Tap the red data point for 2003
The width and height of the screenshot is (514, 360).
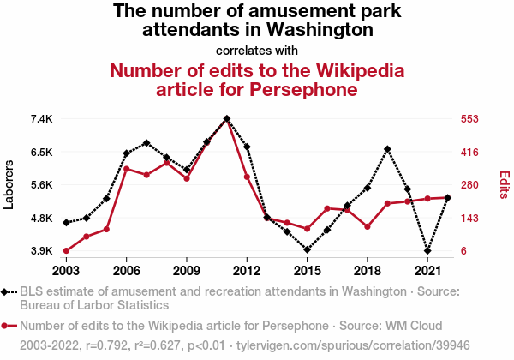(x=66, y=251)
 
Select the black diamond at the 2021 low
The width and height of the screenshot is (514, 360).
(x=427, y=251)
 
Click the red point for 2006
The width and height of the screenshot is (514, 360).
(x=126, y=169)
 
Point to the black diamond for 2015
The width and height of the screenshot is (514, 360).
(x=307, y=250)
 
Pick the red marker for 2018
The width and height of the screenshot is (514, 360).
(x=367, y=227)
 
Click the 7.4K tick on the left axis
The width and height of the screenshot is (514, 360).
(x=42, y=118)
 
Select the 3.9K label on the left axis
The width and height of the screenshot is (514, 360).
(x=42, y=251)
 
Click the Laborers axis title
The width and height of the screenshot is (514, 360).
(x=9, y=184)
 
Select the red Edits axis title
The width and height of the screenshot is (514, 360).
(x=504, y=184)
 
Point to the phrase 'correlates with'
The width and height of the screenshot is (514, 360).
(x=256, y=50)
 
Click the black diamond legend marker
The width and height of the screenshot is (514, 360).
(x=9, y=292)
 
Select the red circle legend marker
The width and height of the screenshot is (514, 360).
(x=9, y=326)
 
